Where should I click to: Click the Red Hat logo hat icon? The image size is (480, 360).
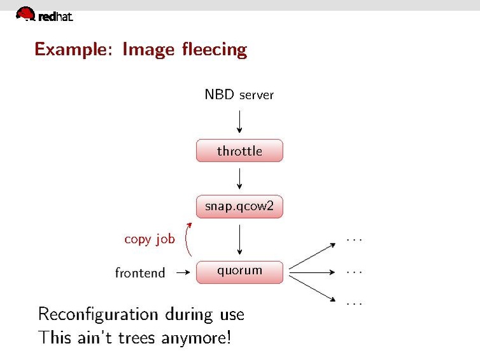(x=25, y=13)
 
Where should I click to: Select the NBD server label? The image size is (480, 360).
(x=239, y=95)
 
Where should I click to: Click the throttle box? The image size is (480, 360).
(x=239, y=151)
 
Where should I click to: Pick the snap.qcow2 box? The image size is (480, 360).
(x=239, y=207)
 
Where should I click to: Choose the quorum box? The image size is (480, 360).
(x=239, y=271)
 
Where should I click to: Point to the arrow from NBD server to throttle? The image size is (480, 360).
(x=239, y=121)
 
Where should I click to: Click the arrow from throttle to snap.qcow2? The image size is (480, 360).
(x=239, y=178)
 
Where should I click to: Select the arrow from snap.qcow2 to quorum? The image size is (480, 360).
(x=239, y=240)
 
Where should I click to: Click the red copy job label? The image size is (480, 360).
(x=149, y=239)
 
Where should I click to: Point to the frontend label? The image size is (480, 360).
(x=140, y=273)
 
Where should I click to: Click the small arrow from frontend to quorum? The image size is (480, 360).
(x=183, y=272)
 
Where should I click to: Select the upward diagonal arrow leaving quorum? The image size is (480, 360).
(x=312, y=256)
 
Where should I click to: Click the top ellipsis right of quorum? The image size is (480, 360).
(x=354, y=240)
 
